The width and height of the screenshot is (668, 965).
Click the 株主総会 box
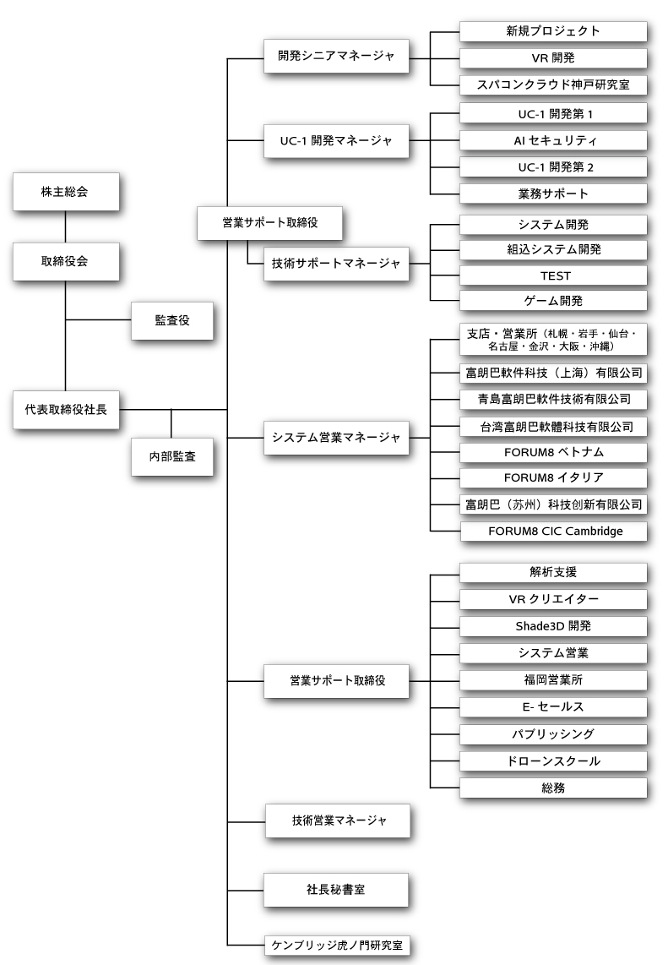click(65, 193)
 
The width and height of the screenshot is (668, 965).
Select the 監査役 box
click(172, 320)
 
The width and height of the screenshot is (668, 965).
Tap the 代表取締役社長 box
click(65, 410)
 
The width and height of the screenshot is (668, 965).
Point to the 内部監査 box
click(172, 455)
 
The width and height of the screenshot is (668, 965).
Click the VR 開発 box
click(553, 57)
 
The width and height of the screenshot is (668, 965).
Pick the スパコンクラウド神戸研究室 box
click(553, 85)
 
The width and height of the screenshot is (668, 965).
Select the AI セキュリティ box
click(553, 139)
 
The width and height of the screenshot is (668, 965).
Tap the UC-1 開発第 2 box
click(553, 167)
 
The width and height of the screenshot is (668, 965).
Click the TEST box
click(553, 275)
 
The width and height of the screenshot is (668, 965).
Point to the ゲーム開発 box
click(553, 301)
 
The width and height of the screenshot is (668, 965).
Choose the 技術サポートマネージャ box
click(336, 264)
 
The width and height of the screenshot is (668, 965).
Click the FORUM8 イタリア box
click(553, 477)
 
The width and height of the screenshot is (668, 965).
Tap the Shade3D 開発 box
click(553, 626)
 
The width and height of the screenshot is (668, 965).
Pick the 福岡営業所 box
click(553, 679)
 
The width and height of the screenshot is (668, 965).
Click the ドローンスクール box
click(553, 761)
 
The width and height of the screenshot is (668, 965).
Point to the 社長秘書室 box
click(336, 890)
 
